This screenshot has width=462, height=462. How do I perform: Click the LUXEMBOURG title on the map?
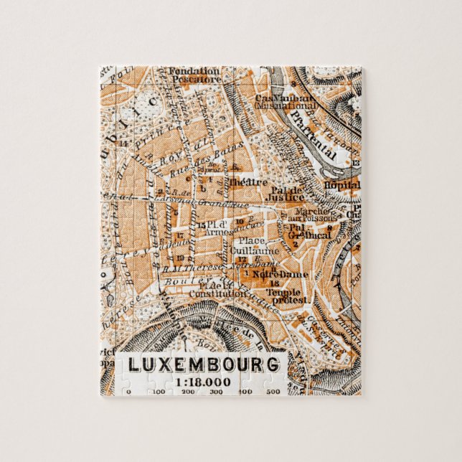pyautogui.click(x=204, y=364)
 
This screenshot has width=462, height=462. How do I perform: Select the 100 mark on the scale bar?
pyautogui.click(x=159, y=392)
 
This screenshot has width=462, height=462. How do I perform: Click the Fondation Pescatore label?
pyautogui.click(x=194, y=75)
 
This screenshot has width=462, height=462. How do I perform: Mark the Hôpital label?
pyautogui.click(x=342, y=184)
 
